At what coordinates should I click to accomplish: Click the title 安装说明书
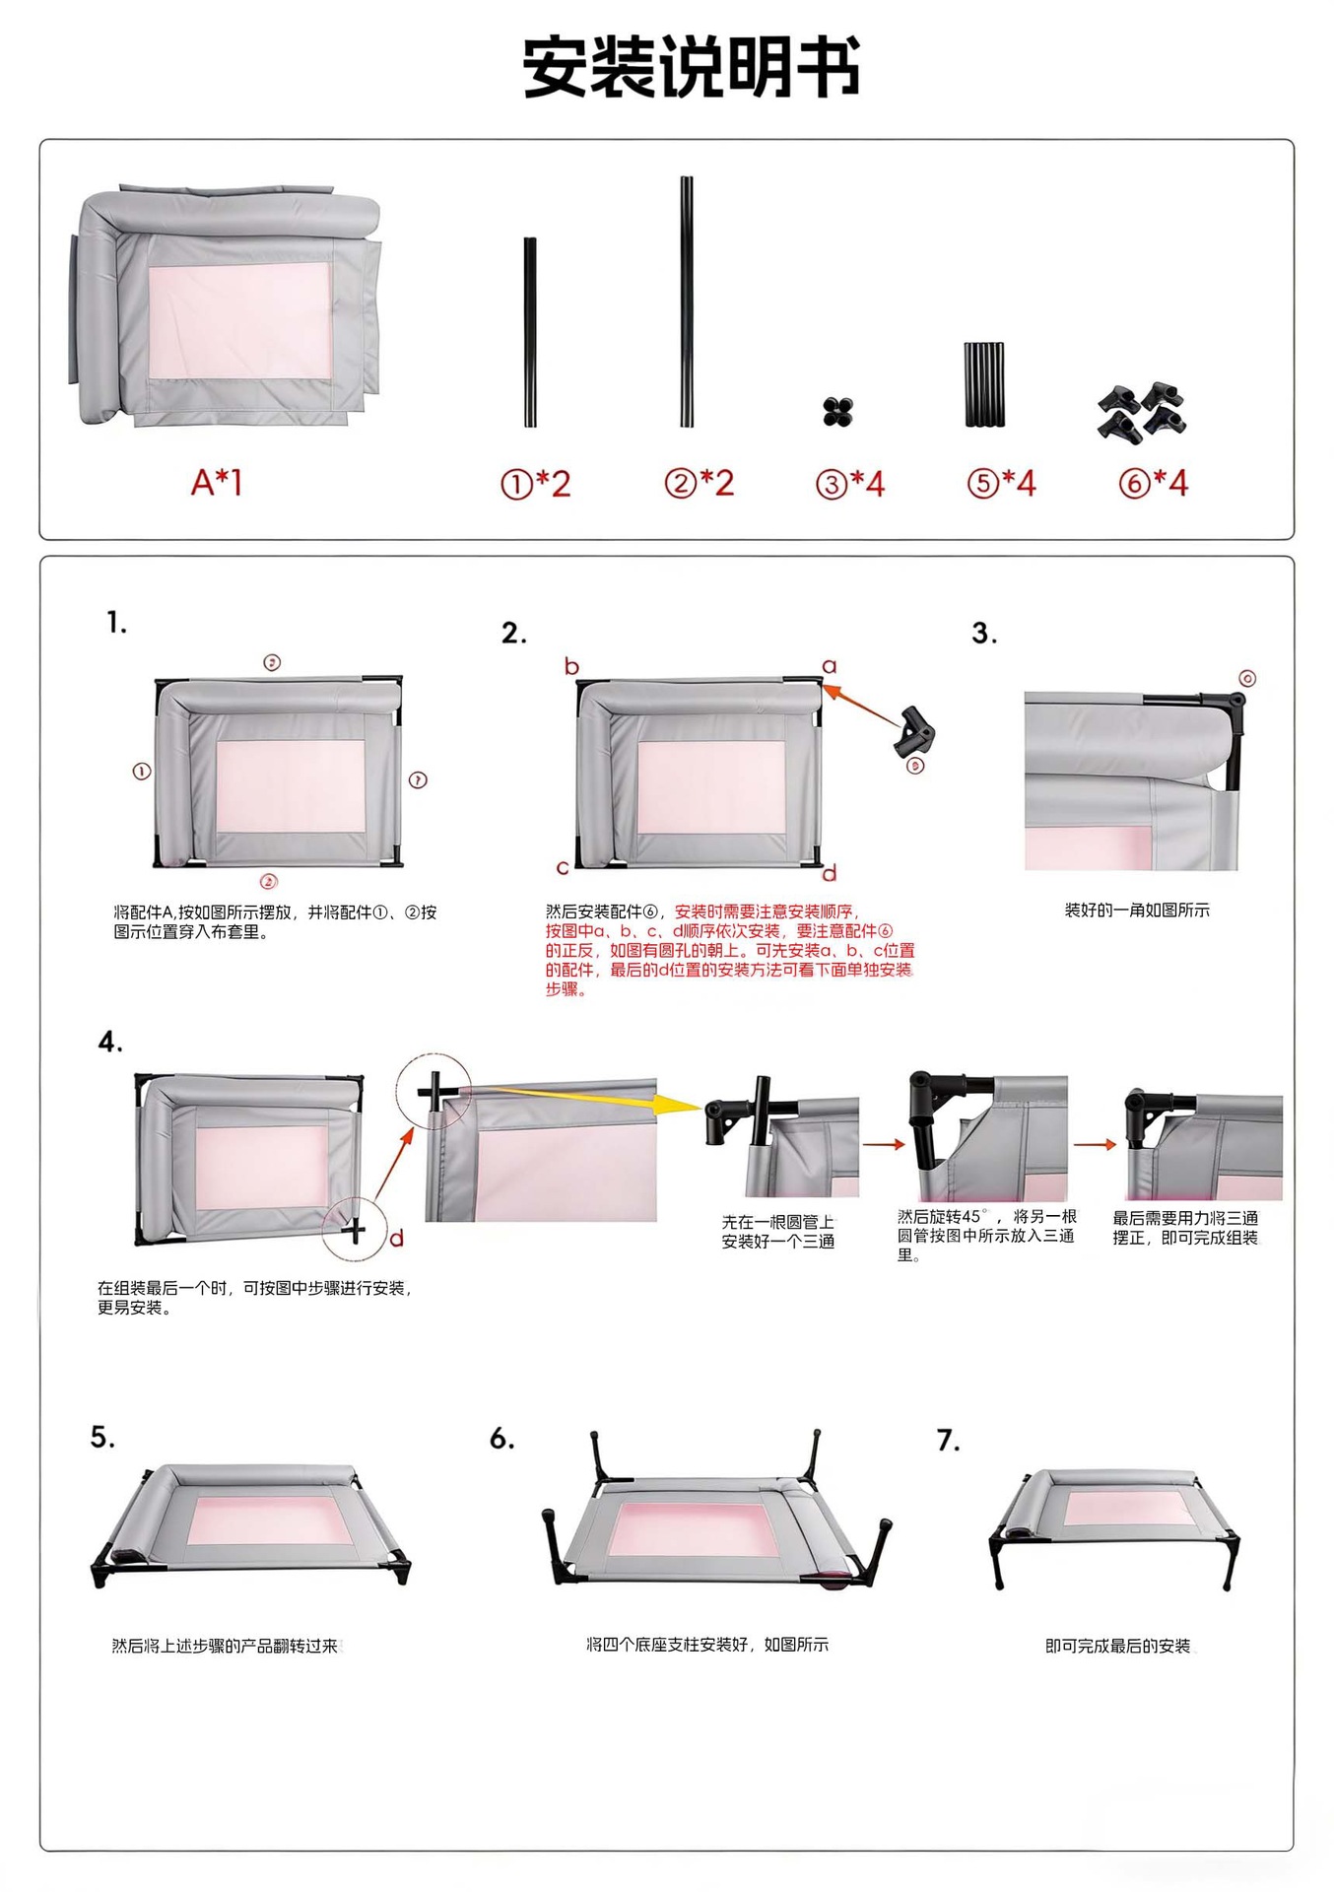(692, 67)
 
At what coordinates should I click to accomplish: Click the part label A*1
(217, 483)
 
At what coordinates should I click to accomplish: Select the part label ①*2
(536, 484)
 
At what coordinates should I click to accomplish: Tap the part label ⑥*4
(1154, 483)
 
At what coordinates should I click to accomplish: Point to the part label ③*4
(850, 484)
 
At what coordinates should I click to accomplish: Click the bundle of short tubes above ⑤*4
(984, 384)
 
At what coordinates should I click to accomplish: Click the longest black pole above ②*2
(687, 302)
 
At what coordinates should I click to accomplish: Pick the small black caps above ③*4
(838, 412)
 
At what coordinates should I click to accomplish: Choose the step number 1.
(117, 623)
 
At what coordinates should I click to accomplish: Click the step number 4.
(110, 1043)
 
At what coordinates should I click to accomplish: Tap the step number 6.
(502, 1439)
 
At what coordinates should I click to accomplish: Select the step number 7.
(948, 1441)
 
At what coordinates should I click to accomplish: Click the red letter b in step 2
(571, 666)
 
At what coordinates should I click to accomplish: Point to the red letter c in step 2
(563, 868)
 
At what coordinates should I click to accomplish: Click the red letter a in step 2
(830, 666)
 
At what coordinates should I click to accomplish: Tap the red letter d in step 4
(396, 1238)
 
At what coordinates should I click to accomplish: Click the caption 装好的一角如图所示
(1137, 910)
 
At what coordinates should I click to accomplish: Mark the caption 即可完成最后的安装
(1117, 1646)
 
